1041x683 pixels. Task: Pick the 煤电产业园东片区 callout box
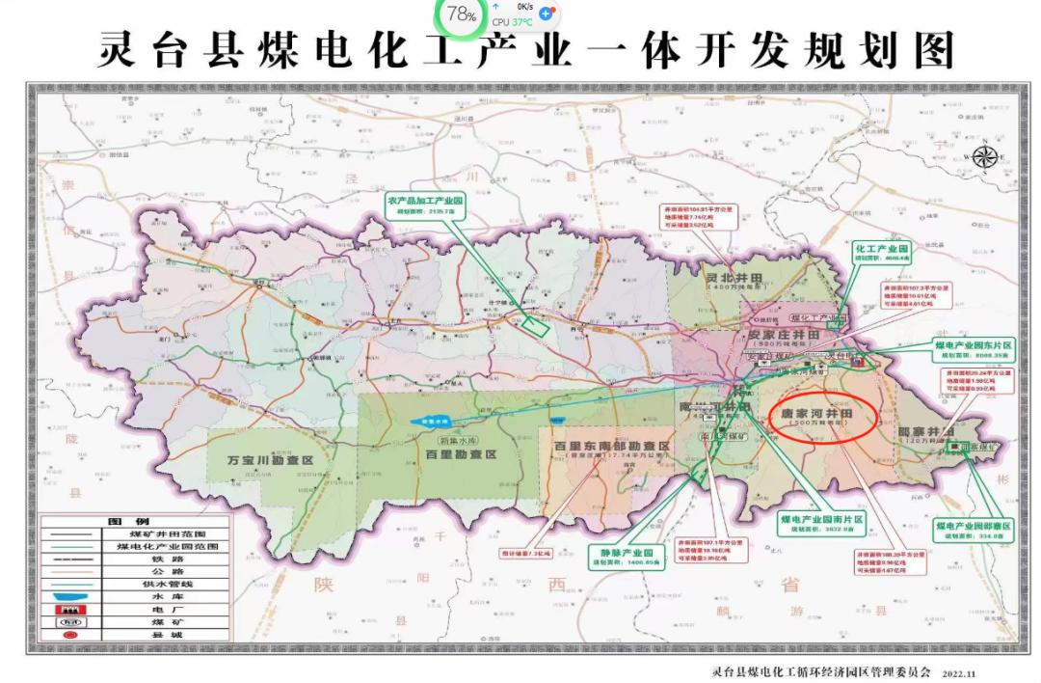pyautogui.click(x=972, y=348)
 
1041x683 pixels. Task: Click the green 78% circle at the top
pyautogui.click(x=462, y=14)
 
